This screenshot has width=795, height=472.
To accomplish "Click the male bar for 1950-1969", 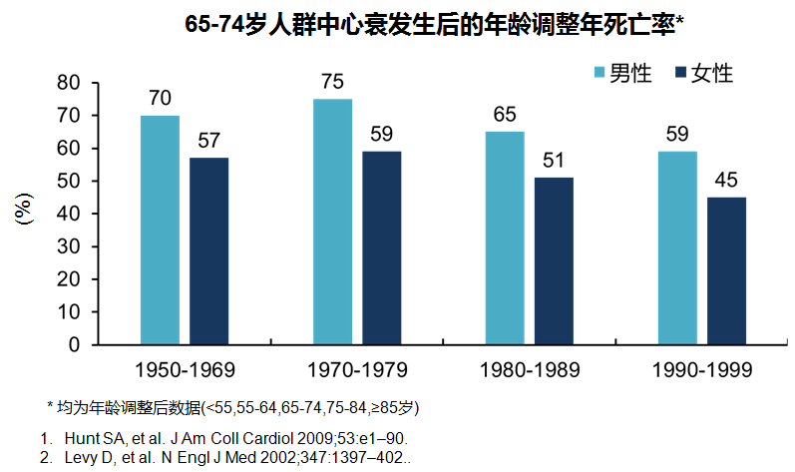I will (160, 230).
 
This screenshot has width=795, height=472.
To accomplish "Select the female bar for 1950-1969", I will (209, 250).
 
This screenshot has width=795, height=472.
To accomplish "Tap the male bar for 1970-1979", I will (332, 222).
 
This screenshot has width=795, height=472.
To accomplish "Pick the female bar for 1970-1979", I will (381, 247).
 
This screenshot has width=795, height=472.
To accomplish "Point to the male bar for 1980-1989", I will (505, 237).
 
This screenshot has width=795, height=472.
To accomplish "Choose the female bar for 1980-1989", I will (554, 260).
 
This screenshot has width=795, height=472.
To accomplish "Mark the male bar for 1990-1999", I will (677, 247).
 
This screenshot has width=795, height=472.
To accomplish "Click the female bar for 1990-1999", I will (726, 270).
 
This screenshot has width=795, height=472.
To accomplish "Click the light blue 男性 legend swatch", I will (600, 73).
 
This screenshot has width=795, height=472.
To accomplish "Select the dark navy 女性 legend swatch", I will (682, 73).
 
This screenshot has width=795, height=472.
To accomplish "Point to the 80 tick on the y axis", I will (67, 83).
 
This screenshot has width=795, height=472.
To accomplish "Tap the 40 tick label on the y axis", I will (67, 214).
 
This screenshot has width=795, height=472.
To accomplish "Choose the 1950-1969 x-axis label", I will (185, 370).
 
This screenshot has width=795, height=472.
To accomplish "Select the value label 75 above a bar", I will (332, 81).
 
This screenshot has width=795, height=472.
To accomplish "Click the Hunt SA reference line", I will (235, 438).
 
